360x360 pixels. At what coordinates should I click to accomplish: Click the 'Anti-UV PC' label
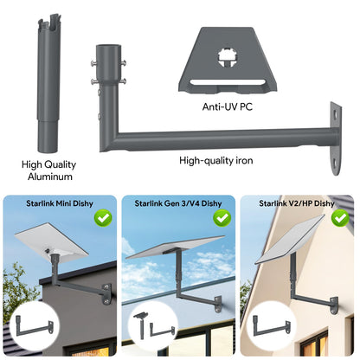pos(228,106)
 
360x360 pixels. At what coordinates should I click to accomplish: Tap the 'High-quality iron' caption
pos(216,160)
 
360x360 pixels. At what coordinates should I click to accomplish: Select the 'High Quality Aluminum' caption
pos(49,170)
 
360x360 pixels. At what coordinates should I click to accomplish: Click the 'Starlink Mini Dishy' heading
pos(60,203)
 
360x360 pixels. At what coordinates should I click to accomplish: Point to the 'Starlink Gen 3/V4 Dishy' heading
pos(178,203)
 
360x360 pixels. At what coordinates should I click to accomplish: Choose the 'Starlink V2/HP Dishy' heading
pos(297,203)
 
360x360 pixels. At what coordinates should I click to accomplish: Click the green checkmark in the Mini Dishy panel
pos(103,218)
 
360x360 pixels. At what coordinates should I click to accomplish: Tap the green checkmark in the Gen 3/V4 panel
pos(222,218)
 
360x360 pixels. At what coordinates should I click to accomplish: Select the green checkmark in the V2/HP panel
pos(340,218)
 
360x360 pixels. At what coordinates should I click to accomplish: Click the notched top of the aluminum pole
pos(49,22)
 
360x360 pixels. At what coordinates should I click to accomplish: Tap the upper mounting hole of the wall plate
pos(335,114)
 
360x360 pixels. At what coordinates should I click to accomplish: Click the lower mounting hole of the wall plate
pos(335,164)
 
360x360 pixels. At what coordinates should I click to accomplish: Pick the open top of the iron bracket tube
pos(107,47)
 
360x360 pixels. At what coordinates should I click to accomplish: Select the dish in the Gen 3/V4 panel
pos(175,247)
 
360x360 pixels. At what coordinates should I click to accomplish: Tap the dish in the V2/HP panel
pos(289,240)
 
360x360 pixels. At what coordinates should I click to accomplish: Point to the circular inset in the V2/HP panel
pos(271,325)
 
